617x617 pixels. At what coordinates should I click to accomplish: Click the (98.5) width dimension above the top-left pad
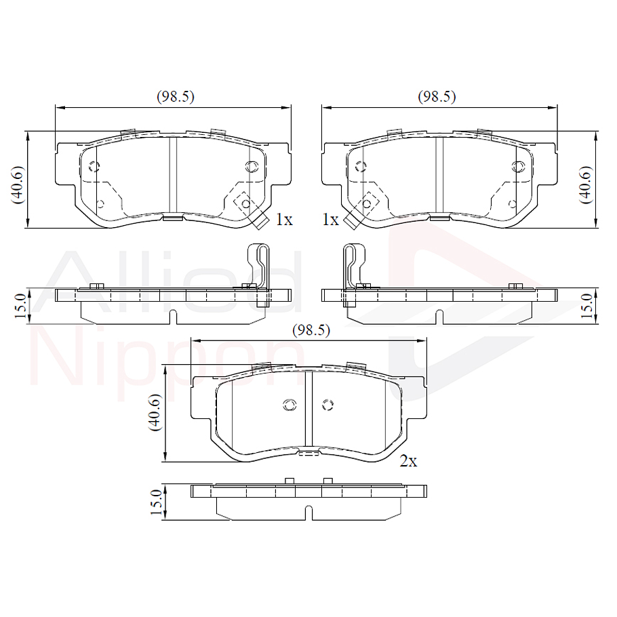[x=176, y=97]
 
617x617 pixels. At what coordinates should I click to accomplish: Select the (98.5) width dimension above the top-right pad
[x=437, y=97]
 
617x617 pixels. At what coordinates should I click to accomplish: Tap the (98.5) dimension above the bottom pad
[x=311, y=330]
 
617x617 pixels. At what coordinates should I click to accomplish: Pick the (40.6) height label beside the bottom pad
[x=156, y=412]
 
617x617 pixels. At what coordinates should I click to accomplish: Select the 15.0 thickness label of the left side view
[x=20, y=306]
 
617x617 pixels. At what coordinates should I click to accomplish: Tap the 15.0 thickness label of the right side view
[x=587, y=306]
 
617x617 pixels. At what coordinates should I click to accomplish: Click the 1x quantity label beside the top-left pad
[x=283, y=220]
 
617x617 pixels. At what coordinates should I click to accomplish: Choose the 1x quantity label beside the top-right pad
[x=330, y=220]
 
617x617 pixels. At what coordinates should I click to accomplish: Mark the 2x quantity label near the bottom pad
[x=408, y=462]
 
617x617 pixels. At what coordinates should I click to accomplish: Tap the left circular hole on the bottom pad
[x=289, y=405]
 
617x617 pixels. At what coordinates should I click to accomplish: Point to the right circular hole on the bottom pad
[x=328, y=405]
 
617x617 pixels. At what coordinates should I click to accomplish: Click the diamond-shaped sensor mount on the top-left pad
[x=244, y=202]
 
